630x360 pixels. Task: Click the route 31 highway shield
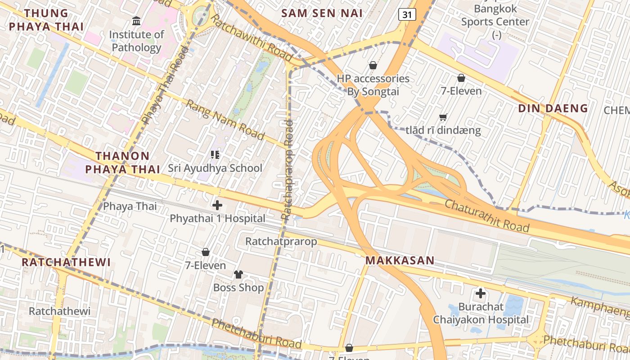point(407,15)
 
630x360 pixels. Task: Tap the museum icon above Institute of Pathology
point(136,21)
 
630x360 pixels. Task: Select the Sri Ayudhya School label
point(215,168)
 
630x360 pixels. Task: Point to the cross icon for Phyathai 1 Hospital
point(217,206)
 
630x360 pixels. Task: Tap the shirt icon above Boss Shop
point(238,274)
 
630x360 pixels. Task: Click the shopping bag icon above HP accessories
point(373,66)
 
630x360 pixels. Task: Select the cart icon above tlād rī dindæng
point(443,117)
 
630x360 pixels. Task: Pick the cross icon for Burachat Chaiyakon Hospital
point(481,294)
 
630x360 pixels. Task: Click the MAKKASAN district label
point(400,260)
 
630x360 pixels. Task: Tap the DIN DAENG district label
point(553,108)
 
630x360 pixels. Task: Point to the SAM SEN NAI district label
point(322,13)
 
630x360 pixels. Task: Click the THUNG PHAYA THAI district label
point(46,20)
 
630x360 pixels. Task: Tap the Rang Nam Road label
point(225,120)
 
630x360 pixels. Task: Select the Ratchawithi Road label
point(252,38)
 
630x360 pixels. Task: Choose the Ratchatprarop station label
point(281,241)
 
